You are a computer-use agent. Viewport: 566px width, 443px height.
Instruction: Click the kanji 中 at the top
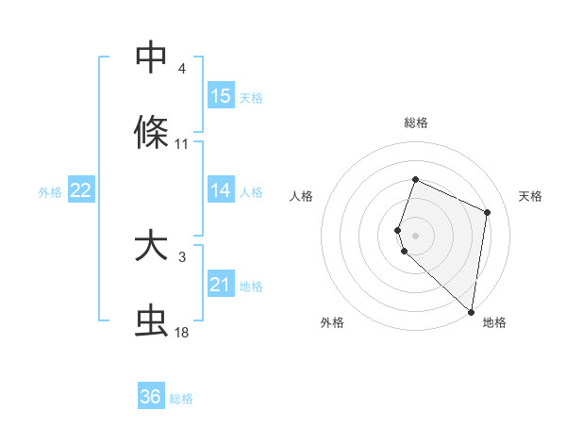pyautogui.click(x=151, y=57)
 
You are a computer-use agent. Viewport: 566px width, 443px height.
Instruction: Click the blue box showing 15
pyautogui.click(x=221, y=95)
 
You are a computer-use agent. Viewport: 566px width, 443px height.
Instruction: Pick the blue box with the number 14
pyautogui.click(x=221, y=190)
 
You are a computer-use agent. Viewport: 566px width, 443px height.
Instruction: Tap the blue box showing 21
pyautogui.click(x=221, y=285)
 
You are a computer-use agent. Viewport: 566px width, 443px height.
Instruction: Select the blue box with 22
pyautogui.click(x=81, y=190)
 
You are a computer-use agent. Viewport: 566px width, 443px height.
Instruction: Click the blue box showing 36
pyautogui.click(x=151, y=397)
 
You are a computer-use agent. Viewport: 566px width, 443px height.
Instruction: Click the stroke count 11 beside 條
pyautogui.click(x=182, y=144)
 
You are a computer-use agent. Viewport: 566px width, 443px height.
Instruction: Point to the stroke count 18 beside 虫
pyautogui.click(x=182, y=333)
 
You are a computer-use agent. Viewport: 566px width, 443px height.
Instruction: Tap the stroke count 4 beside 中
pyautogui.click(x=182, y=69)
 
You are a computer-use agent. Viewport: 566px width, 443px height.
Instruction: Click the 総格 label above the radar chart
pyautogui.click(x=416, y=123)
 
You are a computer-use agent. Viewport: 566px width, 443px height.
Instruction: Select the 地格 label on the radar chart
pyautogui.click(x=494, y=323)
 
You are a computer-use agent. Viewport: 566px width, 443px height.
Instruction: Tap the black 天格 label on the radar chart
pyautogui.click(x=530, y=196)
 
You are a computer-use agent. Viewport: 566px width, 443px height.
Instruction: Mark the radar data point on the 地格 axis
pyautogui.click(x=472, y=312)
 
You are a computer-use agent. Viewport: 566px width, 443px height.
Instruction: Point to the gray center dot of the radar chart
pyautogui.click(x=415, y=235)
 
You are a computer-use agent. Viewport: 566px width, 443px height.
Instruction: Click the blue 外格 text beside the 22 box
pyautogui.click(x=50, y=191)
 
